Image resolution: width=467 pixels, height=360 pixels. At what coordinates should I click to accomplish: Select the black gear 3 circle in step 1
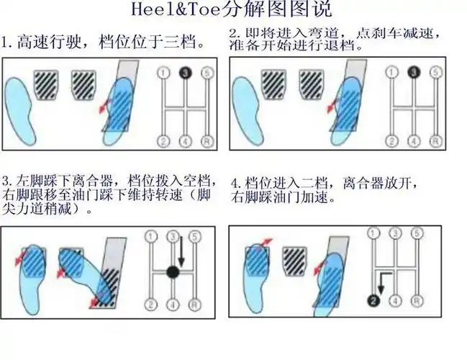pos(185,73)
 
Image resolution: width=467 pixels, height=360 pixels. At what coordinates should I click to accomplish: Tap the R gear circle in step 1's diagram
pos(207,140)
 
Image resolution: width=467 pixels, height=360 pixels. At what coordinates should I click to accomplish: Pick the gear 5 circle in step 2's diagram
pos(434,72)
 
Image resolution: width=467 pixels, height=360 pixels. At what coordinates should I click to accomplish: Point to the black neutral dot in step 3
pos(173,271)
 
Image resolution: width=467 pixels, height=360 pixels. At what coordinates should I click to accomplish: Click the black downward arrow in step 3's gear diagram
pos(183,251)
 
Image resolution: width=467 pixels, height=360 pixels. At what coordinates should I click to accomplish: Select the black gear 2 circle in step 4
pos(372,300)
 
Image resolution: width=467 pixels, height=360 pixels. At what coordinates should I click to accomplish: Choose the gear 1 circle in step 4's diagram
pos(372,232)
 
